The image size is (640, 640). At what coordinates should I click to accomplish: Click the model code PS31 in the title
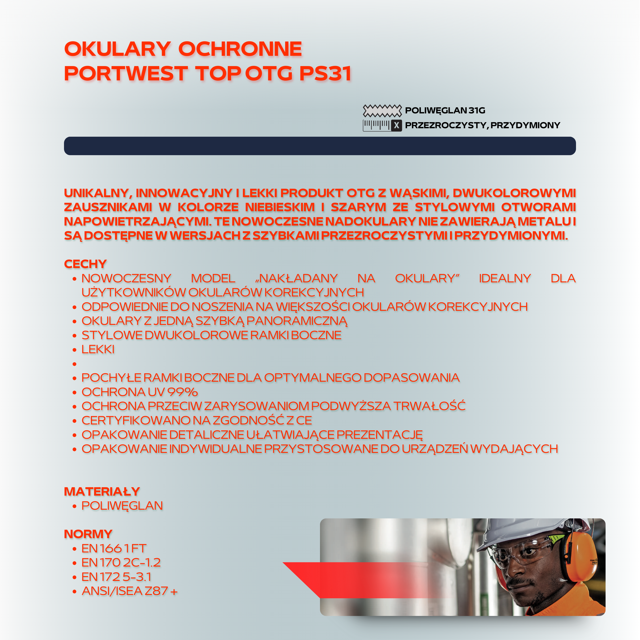pyautogui.click(x=325, y=73)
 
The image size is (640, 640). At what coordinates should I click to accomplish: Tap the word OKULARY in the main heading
pyautogui.click(x=118, y=49)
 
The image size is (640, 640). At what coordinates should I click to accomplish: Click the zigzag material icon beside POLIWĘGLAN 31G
pyautogui.click(x=382, y=111)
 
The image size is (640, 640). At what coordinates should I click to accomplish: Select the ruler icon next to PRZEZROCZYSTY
pyautogui.click(x=382, y=125)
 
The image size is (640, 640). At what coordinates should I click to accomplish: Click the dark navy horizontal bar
pyautogui.click(x=320, y=146)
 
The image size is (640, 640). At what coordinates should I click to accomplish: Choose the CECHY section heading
pyautogui.click(x=86, y=264)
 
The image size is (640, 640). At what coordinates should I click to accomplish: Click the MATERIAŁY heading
pyautogui.click(x=102, y=492)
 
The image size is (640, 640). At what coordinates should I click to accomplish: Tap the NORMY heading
pyautogui.click(x=88, y=534)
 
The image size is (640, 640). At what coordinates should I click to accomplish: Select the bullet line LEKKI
pyautogui.click(x=98, y=349)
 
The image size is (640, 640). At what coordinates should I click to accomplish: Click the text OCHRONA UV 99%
pyautogui.click(x=140, y=392)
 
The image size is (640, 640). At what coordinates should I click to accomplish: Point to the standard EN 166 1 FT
pyautogui.click(x=114, y=549)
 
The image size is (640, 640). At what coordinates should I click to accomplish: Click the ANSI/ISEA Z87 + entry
pyautogui.click(x=130, y=591)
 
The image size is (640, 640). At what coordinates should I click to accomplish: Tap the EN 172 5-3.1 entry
pyautogui.click(x=116, y=577)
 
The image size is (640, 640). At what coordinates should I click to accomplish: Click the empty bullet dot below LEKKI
pyautogui.click(x=74, y=364)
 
